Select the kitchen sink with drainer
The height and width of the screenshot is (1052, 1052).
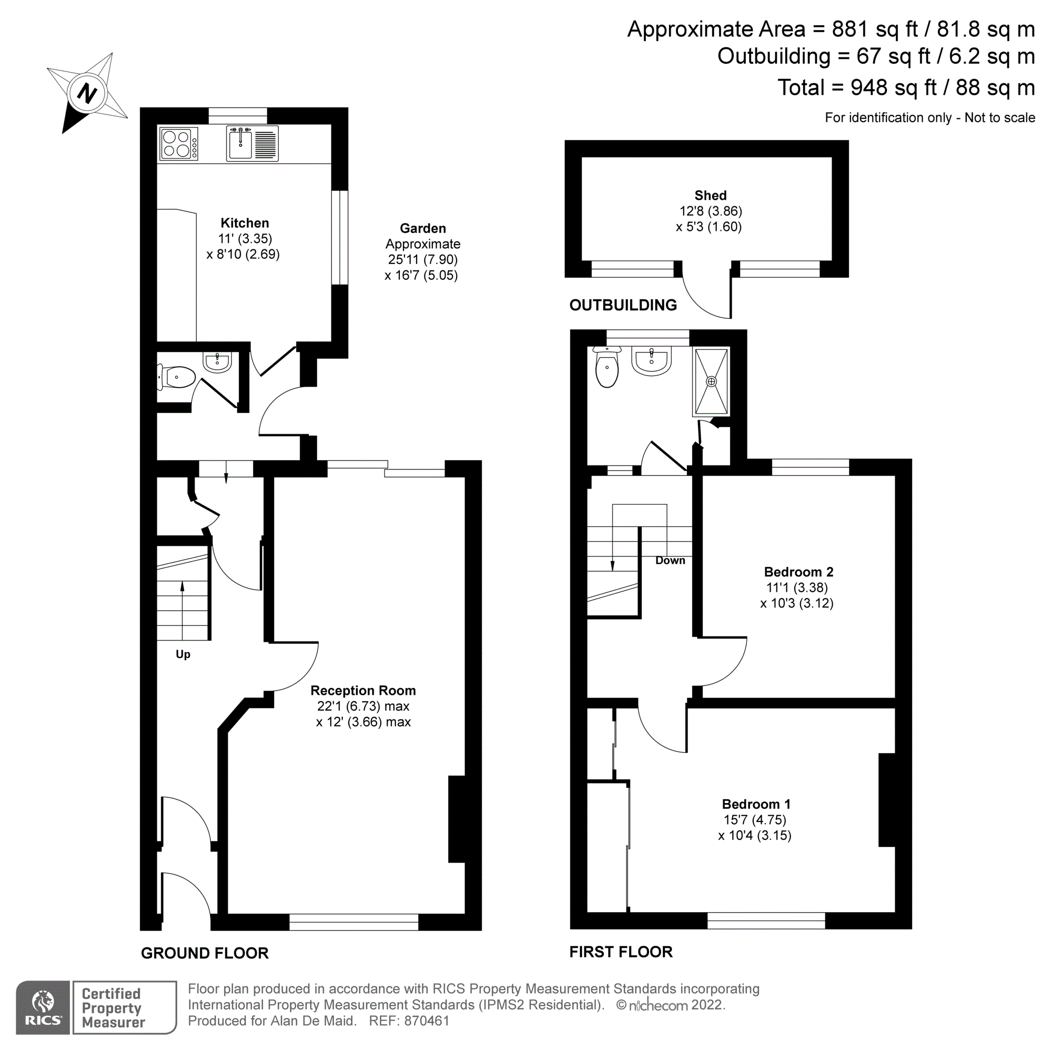pyautogui.click(x=251, y=144)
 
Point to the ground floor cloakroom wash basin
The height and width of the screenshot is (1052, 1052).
pyautogui.click(x=217, y=361)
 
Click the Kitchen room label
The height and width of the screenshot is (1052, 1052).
pyautogui.click(x=245, y=222)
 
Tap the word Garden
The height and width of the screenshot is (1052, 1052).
pyautogui.click(x=422, y=228)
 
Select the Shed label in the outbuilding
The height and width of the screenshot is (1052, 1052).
pyautogui.click(x=710, y=196)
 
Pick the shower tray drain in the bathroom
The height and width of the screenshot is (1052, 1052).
pyautogui.click(x=711, y=382)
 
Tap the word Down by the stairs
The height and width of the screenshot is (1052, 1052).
pyautogui.click(x=670, y=560)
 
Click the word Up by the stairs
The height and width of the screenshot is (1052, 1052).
pyautogui.click(x=183, y=654)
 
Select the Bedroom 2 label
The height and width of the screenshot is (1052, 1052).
pyautogui.click(x=798, y=572)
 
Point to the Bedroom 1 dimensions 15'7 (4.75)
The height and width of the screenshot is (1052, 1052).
pyautogui.click(x=754, y=820)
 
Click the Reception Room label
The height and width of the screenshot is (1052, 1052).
pyautogui.click(x=362, y=691)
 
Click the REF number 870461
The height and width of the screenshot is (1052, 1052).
pyautogui.click(x=427, y=1021)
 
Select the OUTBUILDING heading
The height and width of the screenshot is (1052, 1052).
pyautogui.click(x=623, y=305)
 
